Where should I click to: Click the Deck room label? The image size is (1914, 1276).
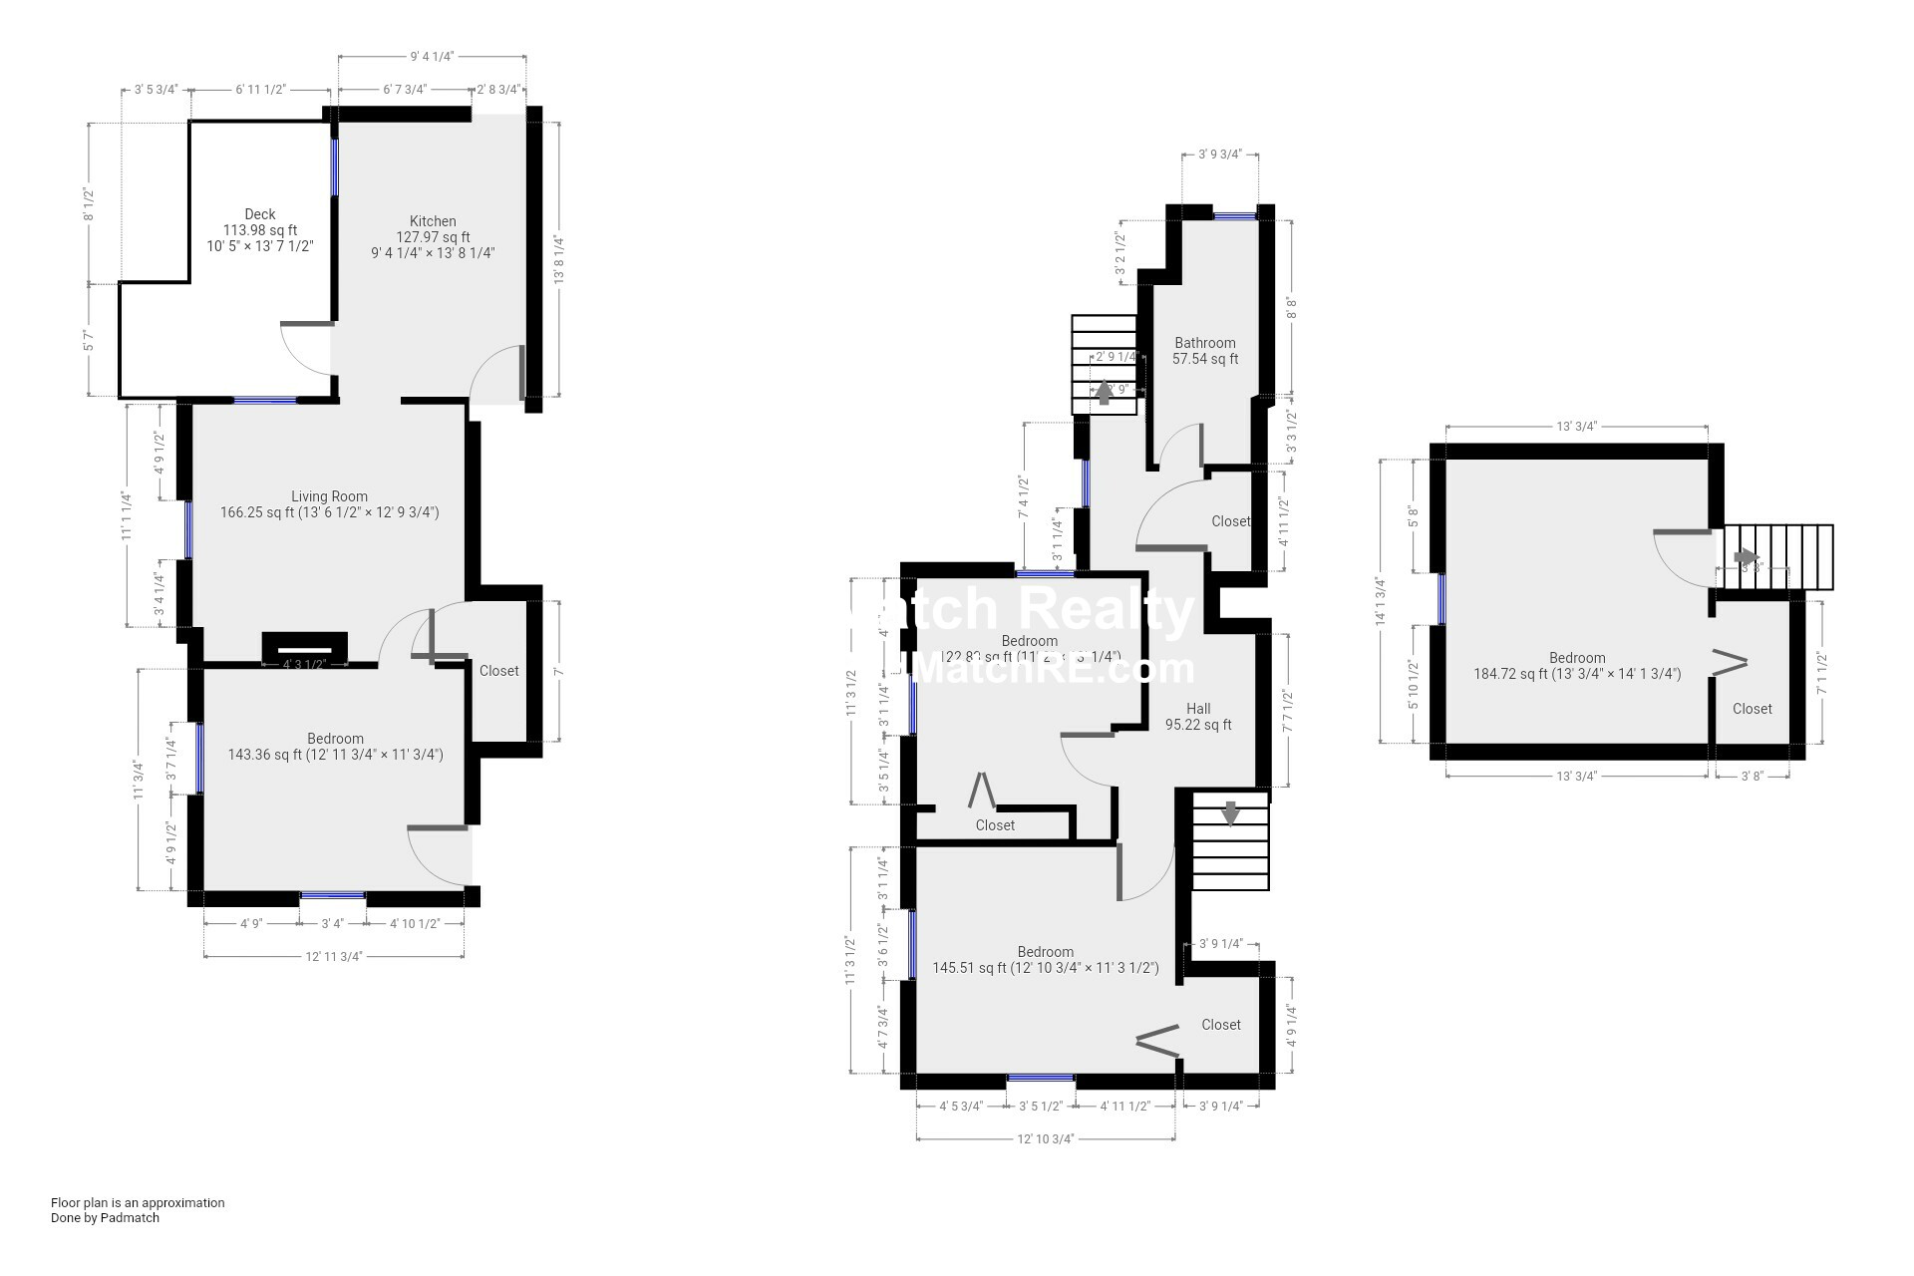pos(260,214)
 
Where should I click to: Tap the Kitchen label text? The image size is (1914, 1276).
pos(433,221)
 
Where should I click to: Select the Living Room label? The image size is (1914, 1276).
pos(329,496)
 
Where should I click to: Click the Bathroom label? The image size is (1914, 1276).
pos(1204,343)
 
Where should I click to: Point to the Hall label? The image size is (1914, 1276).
pos(1198,709)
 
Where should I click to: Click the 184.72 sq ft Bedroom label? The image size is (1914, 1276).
pos(1577,658)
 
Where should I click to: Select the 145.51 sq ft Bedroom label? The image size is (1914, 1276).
pos(1045,952)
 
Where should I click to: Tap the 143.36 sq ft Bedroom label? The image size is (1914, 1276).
pos(335,739)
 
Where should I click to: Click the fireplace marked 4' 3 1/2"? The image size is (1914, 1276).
pos(304,649)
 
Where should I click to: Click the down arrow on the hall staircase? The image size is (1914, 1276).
pos(1231,813)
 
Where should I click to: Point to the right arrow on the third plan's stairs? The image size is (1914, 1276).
pos(1747,557)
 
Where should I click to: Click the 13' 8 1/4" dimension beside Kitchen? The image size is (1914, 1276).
pos(559,259)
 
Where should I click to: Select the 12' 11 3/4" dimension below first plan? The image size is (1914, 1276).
pos(333,957)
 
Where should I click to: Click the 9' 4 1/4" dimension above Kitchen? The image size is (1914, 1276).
pos(432,57)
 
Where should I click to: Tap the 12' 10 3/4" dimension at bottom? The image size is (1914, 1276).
pos(1045,1139)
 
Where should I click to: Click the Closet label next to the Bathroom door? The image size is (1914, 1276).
pos(1230,521)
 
